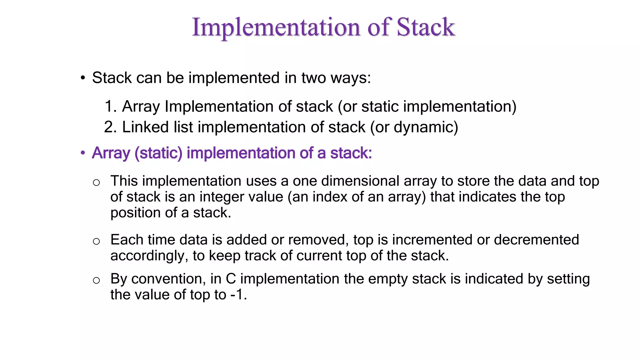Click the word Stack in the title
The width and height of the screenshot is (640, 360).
pos(426,27)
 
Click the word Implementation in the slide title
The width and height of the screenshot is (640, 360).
pos(276,27)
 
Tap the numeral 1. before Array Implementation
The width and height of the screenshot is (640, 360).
pos(110,107)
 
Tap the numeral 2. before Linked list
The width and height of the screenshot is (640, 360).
pos(110,127)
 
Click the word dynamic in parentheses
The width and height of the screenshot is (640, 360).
pos(423,127)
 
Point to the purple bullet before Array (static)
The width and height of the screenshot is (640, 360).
pos(83,153)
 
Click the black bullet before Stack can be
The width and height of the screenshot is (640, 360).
pos(83,78)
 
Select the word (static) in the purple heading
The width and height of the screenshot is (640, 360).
pos(158,153)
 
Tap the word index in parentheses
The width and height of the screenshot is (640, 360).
pos(328,197)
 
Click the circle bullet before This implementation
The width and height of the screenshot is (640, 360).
pos(96,182)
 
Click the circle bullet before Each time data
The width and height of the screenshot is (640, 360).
pos(96,241)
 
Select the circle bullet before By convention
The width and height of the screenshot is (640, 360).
pos(96,280)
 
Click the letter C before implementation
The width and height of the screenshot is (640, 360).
pos(231,279)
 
